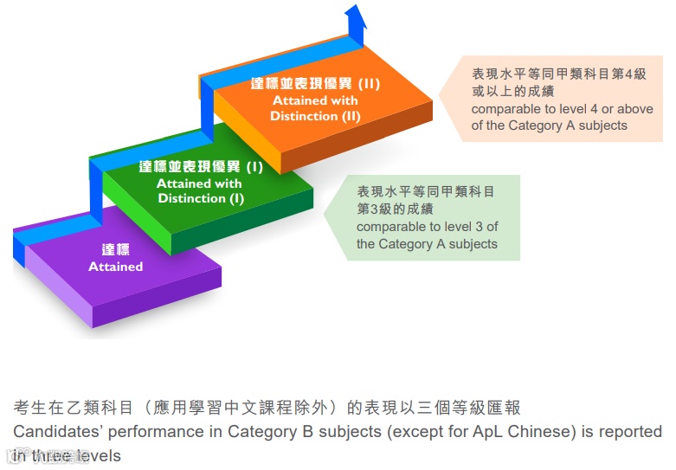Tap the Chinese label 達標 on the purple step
point(115,249)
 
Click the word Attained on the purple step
point(115,267)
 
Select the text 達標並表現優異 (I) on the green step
point(201,166)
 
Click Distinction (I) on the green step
point(201,198)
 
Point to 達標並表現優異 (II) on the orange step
point(315,84)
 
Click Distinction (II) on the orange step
point(315,116)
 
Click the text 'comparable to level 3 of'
point(427,227)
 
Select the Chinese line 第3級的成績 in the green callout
point(396,209)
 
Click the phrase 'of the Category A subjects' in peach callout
point(549,126)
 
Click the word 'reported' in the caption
point(629,431)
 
